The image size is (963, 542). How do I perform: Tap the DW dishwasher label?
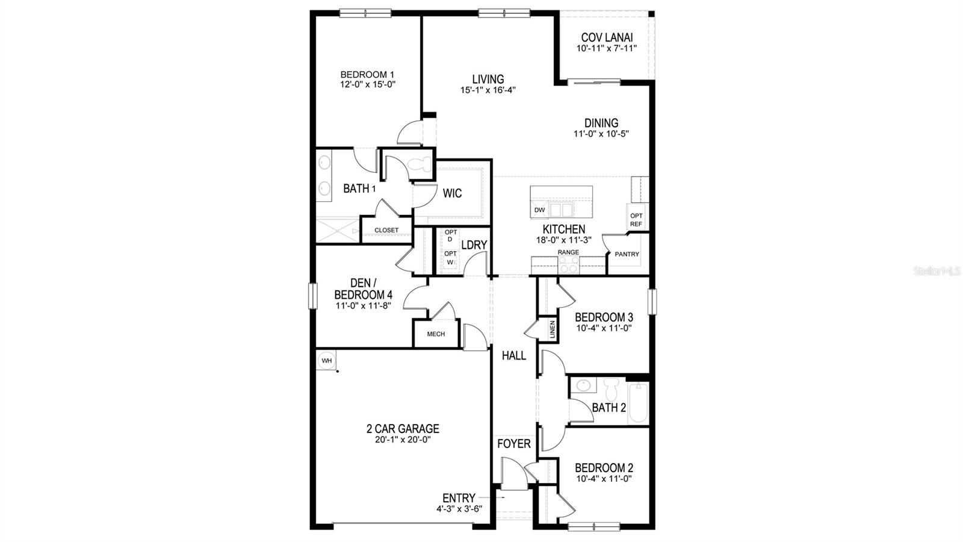point(539,210)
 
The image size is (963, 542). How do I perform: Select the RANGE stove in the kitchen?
point(569,264)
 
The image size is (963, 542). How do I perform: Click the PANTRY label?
point(627,254)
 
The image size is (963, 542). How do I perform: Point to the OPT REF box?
point(636,220)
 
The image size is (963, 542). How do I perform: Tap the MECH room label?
point(436,334)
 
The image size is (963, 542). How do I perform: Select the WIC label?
point(452,193)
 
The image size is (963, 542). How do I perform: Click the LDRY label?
point(474,245)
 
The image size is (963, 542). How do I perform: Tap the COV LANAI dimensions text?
point(607,49)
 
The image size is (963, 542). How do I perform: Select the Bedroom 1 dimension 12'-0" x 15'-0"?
point(367,85)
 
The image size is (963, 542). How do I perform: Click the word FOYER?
point(513,444)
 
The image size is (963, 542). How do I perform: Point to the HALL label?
point(514,356)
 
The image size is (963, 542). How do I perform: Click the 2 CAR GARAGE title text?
point(403,429)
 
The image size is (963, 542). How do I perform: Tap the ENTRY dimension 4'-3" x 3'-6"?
point(459,509)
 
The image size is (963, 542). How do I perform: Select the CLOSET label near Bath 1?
point(386,230)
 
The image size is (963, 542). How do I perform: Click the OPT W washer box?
point(450,258)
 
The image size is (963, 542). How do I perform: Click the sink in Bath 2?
point(583,385)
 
